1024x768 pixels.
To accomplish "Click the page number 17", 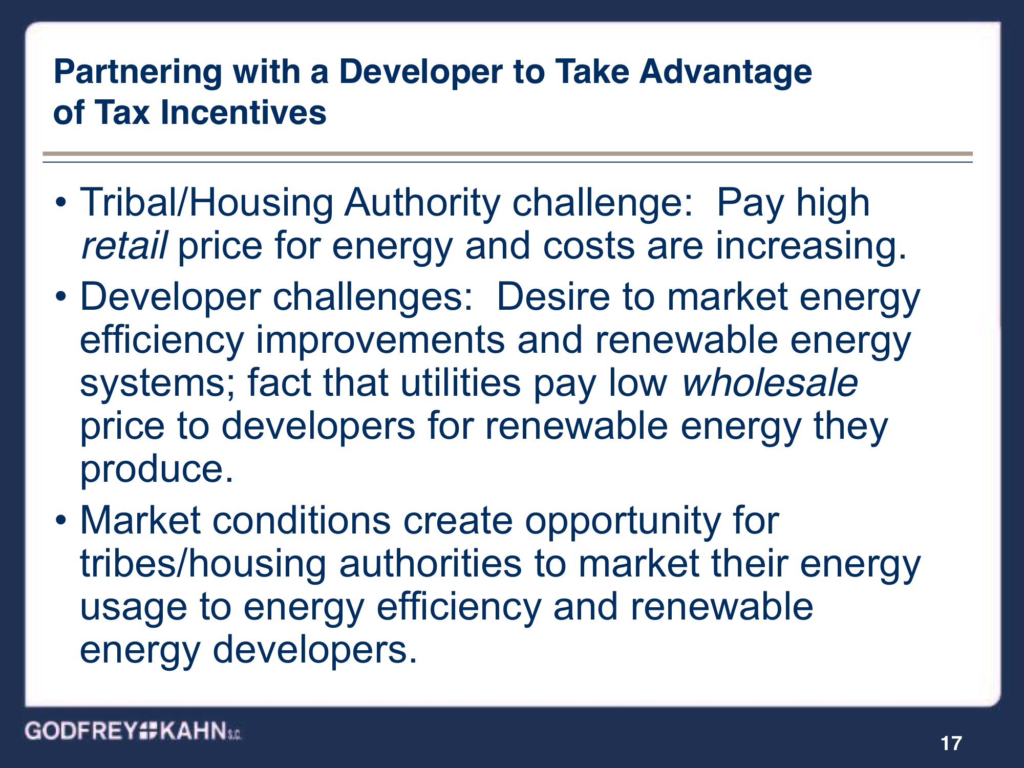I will click(951, 743).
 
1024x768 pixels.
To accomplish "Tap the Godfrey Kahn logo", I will click(133, 731).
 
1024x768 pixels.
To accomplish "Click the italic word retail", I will click(124, 246).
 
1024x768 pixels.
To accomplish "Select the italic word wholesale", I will click(770, 383).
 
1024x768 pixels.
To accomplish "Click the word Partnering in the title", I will click(138, 72).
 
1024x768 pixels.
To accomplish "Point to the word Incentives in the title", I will click(243, 113).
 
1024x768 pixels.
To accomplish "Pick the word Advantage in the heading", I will click(726, 72).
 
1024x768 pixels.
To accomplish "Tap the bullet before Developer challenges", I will click(61, 297).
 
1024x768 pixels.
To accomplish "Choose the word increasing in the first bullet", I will click(810, 246).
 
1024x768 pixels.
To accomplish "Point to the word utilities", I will click(460, 383).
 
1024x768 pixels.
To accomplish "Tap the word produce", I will click(157, 469).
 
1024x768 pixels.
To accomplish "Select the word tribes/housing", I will click(203, 564).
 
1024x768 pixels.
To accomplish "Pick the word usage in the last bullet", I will click(134, 608).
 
